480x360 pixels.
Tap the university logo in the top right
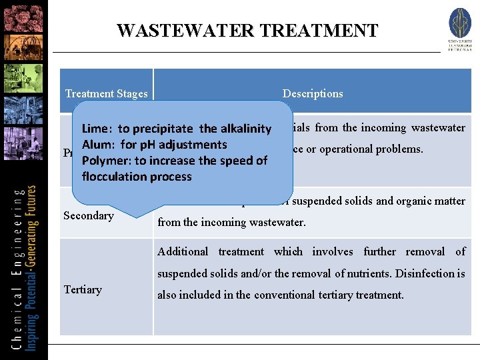(x=459, y=29)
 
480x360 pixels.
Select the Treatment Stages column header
(x=107, y=94)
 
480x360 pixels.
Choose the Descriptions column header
(x=313, y=94)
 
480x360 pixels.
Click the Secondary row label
(x=89, y=215)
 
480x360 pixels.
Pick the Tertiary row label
(x=83, y=289)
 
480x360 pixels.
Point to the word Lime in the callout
(x=95, y=129)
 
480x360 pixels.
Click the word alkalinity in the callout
(x=246, y=129)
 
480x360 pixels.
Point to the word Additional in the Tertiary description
(x=183, y=251)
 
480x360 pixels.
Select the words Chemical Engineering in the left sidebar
(x=15, y=267)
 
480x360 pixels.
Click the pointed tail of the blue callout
(x=143, y=213)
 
